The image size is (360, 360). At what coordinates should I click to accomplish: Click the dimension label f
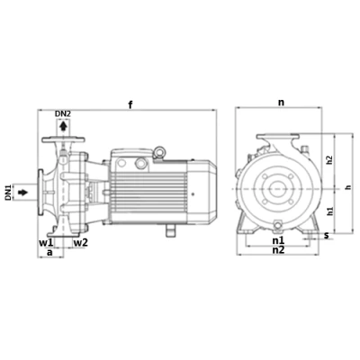point(131,105)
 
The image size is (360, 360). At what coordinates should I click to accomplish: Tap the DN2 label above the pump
point(62,113)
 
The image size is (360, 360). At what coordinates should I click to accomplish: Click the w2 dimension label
point(80,243)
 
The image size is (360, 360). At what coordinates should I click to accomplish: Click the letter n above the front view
point(281,103)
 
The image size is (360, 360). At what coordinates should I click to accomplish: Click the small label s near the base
point(327,236)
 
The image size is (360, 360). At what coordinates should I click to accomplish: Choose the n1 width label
point(278,241)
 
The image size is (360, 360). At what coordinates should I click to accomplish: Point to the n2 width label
point(278,251)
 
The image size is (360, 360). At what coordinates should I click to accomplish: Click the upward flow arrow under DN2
point(62,127)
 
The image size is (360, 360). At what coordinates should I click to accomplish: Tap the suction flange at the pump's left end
point(41,191)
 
